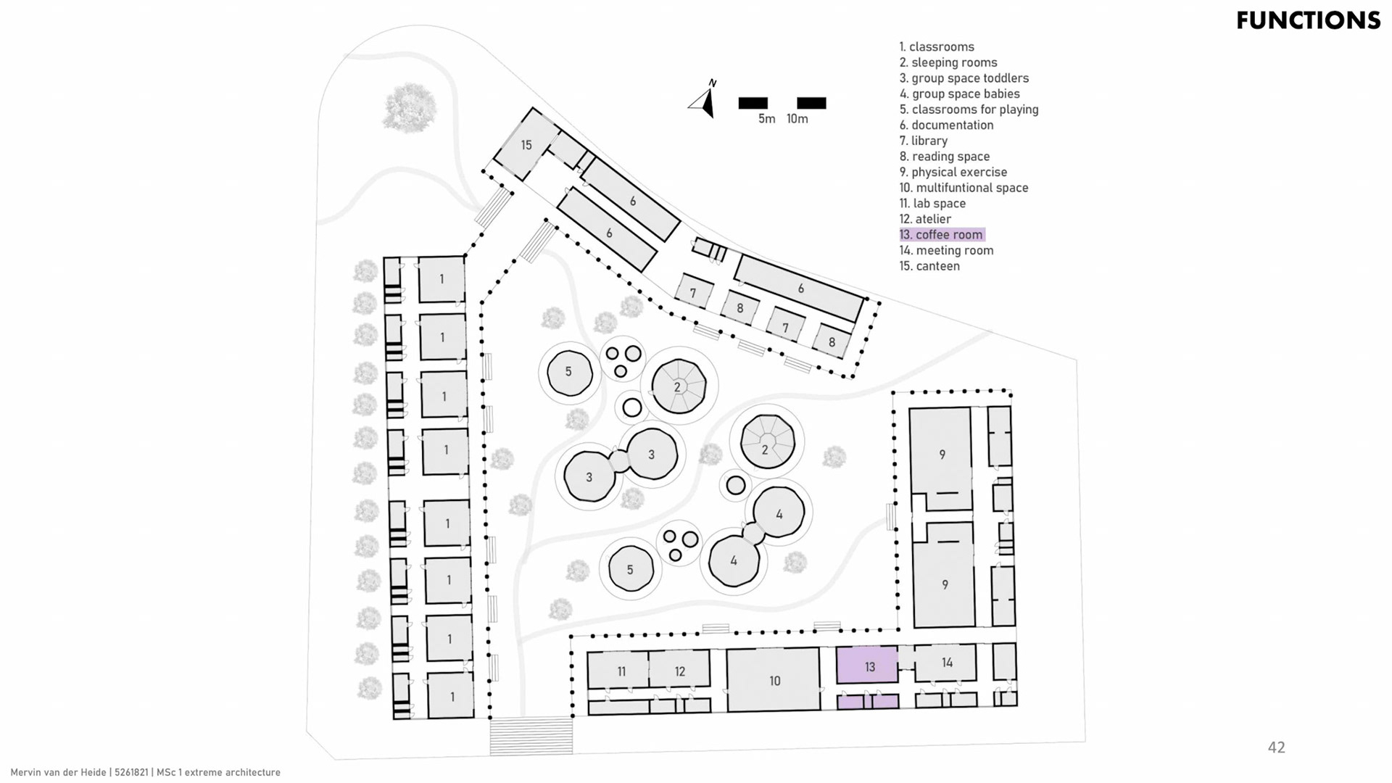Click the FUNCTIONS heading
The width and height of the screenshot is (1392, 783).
(1308, 20)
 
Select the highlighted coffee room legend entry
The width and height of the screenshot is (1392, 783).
(942, 235)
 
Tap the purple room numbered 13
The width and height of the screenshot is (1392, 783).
(868, 666)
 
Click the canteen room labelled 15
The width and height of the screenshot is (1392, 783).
(527, 145)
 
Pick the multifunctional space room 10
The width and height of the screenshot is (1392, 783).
(774, 680)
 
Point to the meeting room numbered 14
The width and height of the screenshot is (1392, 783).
(946, 663)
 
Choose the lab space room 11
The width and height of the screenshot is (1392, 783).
(620, 671)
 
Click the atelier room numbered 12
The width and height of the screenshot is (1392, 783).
(679, 671)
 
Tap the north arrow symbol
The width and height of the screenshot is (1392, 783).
(704, 100)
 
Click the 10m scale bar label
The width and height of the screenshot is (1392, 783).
(797, 119)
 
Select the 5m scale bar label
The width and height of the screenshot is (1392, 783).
(766, 119)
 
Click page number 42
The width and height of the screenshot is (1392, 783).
(1276, 747)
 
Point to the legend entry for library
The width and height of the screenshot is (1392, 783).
(924, 141)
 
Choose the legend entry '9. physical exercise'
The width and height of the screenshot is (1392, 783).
(953, 172)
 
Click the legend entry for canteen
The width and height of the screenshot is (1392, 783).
(929, 266)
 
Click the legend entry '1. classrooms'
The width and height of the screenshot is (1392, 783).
(937, 47)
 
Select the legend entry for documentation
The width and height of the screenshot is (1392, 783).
(946, 125)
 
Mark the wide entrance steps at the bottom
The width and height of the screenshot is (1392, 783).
(531, 735)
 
